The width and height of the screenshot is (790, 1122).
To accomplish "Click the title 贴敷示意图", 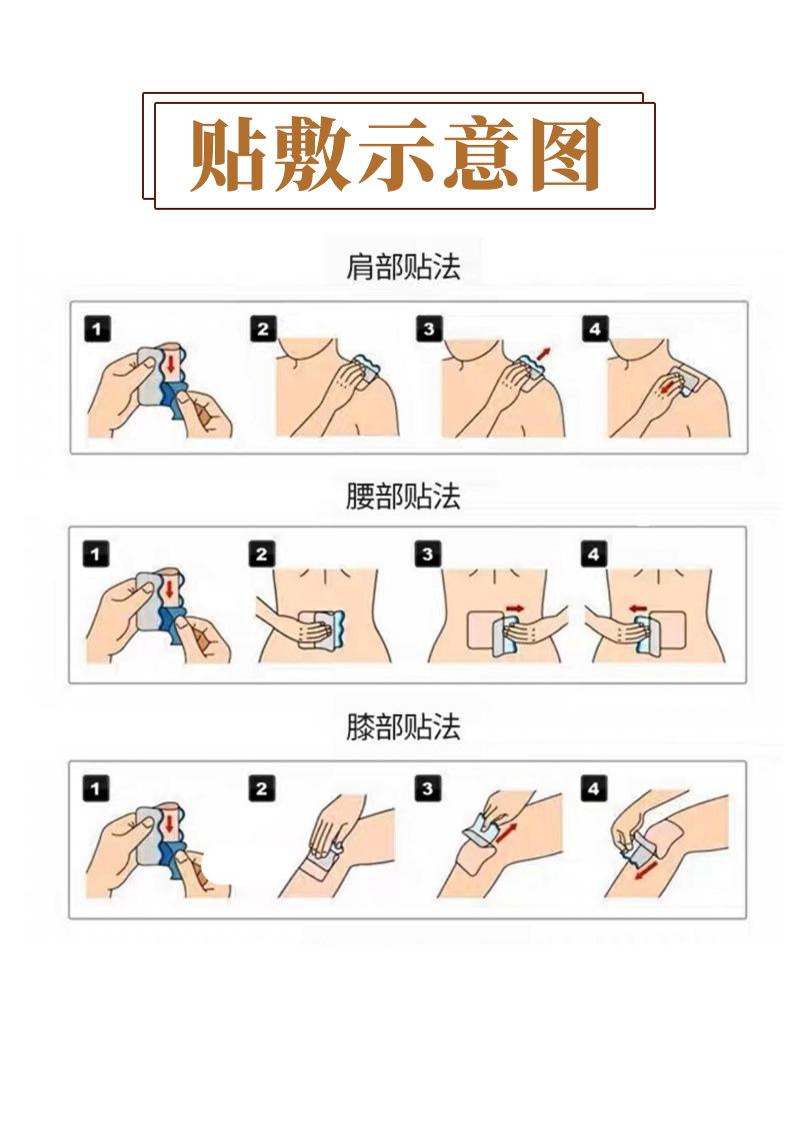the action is (395, 155).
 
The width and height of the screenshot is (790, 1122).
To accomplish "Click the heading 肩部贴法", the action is (403, 266).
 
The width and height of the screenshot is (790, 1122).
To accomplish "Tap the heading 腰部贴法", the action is (403, 496).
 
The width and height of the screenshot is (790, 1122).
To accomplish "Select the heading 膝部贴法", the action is (403, 726).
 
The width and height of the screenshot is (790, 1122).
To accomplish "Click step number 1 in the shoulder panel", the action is (97, 329).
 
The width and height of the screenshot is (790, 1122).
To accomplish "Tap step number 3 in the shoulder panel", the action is (428, 329).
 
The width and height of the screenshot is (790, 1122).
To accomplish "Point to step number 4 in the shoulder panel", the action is (594, 329).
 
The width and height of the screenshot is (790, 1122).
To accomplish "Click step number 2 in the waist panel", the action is (261, 555).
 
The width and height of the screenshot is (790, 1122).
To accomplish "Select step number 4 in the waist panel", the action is (593, 555).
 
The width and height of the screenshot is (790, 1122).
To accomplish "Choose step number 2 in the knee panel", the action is (261, 788).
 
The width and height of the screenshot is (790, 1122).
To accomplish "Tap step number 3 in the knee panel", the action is (428, 788).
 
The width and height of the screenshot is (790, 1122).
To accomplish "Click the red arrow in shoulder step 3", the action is (544, 354).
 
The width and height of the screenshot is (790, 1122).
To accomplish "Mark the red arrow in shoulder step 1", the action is (170, 365).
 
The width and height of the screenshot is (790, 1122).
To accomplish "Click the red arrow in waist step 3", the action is (515, 608).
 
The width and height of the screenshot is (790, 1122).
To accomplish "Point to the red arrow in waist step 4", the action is (638, 608).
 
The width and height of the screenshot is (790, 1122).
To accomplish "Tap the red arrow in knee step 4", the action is (647, 871).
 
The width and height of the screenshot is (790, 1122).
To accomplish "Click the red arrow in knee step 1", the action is (170, 824).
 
